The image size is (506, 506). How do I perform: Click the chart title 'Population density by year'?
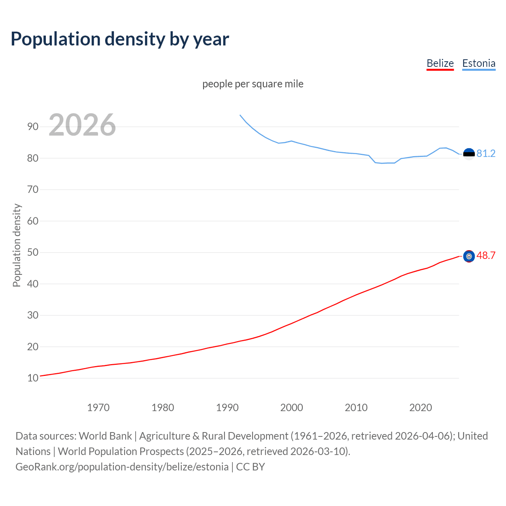120,39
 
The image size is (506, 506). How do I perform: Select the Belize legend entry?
440,63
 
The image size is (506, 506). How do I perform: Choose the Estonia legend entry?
479,63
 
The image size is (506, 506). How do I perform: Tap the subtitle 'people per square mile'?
253,84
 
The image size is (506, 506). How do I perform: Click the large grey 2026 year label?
82,125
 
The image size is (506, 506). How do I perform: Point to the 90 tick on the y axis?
33,127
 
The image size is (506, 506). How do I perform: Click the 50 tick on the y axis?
33,253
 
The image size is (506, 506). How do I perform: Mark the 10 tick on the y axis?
33,378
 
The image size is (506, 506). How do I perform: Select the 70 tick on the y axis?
33,190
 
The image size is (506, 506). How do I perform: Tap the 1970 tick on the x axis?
98,408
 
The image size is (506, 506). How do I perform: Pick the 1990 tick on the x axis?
227,408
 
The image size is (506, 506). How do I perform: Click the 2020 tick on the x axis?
421,408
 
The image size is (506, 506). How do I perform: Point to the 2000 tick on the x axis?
292,408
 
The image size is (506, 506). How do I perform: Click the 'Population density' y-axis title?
17,245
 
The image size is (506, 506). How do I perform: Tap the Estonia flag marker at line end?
469,154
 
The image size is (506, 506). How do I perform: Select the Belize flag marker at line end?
469,257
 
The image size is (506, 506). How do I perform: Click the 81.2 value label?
486,153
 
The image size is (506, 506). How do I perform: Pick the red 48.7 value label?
486,256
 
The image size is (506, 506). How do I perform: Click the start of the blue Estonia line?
240,115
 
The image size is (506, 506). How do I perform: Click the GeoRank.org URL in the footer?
122,467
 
